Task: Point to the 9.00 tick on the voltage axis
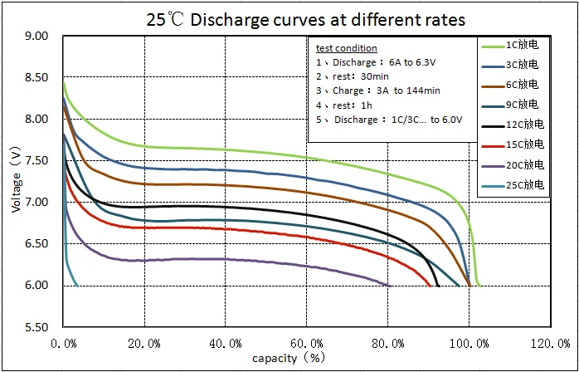(37, 36)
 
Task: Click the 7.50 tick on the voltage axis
(37, 160)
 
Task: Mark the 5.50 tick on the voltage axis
(37, 326)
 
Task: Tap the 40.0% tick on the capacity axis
(226, 343)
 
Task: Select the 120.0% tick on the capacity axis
(552, 343)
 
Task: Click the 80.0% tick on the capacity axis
(389, 343)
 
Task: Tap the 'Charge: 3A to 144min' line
(377, 91)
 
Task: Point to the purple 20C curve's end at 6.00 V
(390, 285)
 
